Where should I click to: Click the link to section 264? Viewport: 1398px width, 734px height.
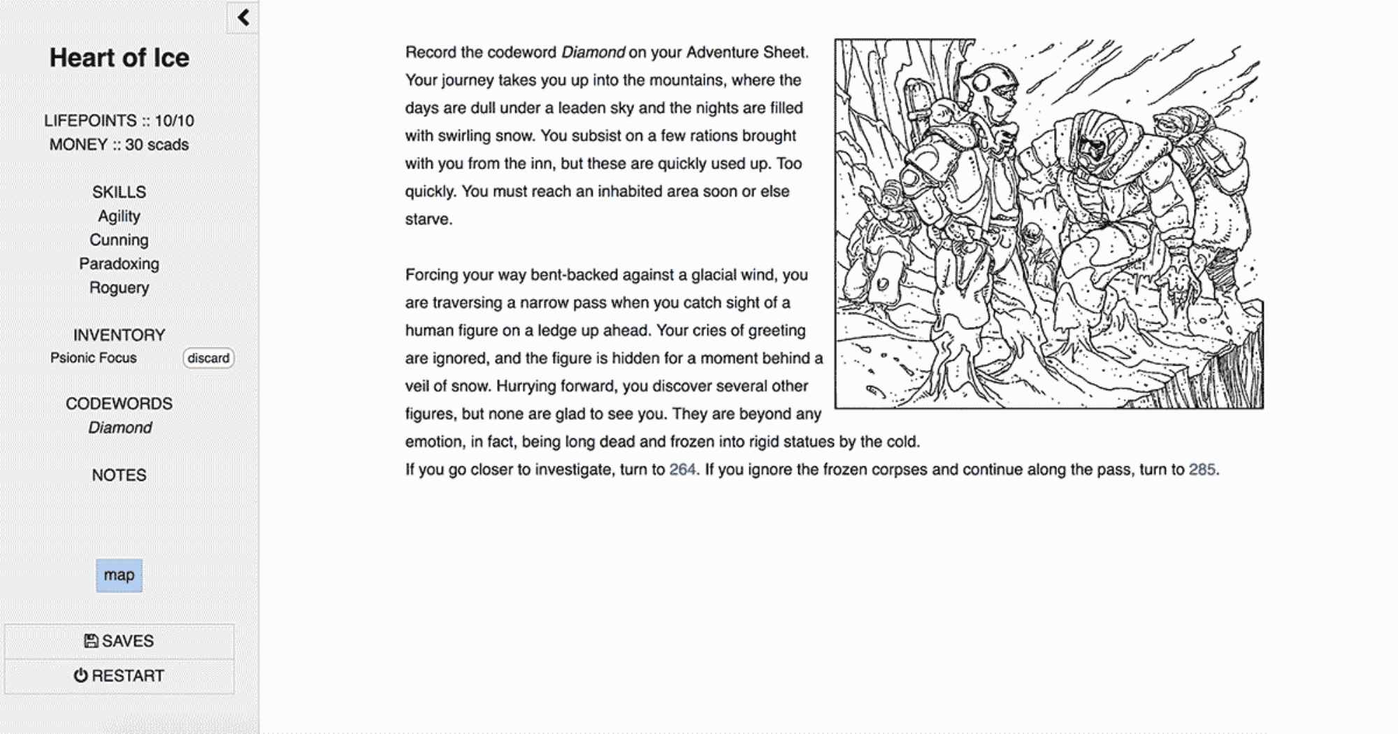coord(682,470)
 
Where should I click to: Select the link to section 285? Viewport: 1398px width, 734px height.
coord(1202,470)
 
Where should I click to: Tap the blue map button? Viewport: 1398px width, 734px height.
coord(119,575)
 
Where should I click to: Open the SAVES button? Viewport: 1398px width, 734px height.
coord(119,641)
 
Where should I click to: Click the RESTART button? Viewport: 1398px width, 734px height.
coord(119,676)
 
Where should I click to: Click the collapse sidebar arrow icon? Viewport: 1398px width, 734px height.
coord(243,17)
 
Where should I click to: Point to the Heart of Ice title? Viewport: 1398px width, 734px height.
coord(119,58)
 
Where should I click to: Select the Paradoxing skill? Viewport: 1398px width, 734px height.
coord(119,264)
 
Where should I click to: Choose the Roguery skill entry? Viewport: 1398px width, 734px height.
coord(119,288)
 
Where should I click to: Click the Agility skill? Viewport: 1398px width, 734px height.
coord(119,217)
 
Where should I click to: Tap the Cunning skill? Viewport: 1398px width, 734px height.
coord(119,240)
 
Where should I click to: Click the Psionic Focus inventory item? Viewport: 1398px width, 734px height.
coord(94,358)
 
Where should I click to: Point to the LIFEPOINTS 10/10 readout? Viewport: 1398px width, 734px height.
coord(119,121)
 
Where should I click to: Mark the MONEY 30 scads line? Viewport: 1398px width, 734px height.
coord(119,145)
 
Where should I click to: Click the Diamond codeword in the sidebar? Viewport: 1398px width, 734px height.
coord(120,428)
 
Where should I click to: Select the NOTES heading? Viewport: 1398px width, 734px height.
coord(119,475)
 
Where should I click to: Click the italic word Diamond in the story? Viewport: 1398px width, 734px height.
coord(593,52)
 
